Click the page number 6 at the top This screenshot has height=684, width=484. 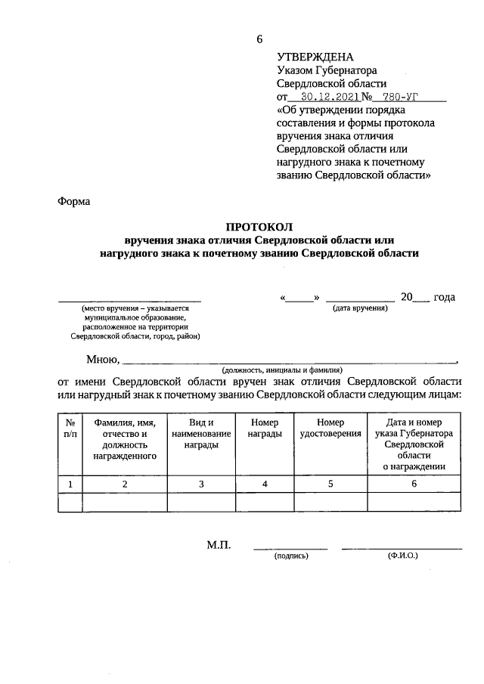click(259, 39)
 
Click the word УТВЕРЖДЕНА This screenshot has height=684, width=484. click(315, 57)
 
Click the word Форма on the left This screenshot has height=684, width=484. click(73, 202)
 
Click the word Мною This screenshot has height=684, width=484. click(101, 359)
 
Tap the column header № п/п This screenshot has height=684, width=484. click(70, 428)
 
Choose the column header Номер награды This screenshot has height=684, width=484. click(264, 428)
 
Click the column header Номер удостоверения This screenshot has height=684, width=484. click(330, 428)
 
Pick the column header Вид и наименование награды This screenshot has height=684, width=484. click(200, 434)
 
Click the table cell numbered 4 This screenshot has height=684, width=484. click(264, 484)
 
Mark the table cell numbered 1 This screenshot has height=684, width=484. click(70, 484)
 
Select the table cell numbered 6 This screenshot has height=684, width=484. click(414, 484)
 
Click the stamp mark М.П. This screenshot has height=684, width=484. click(219, 545)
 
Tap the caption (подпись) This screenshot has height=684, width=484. click(290, 556)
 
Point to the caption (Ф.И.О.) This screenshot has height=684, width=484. click(402, 556)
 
